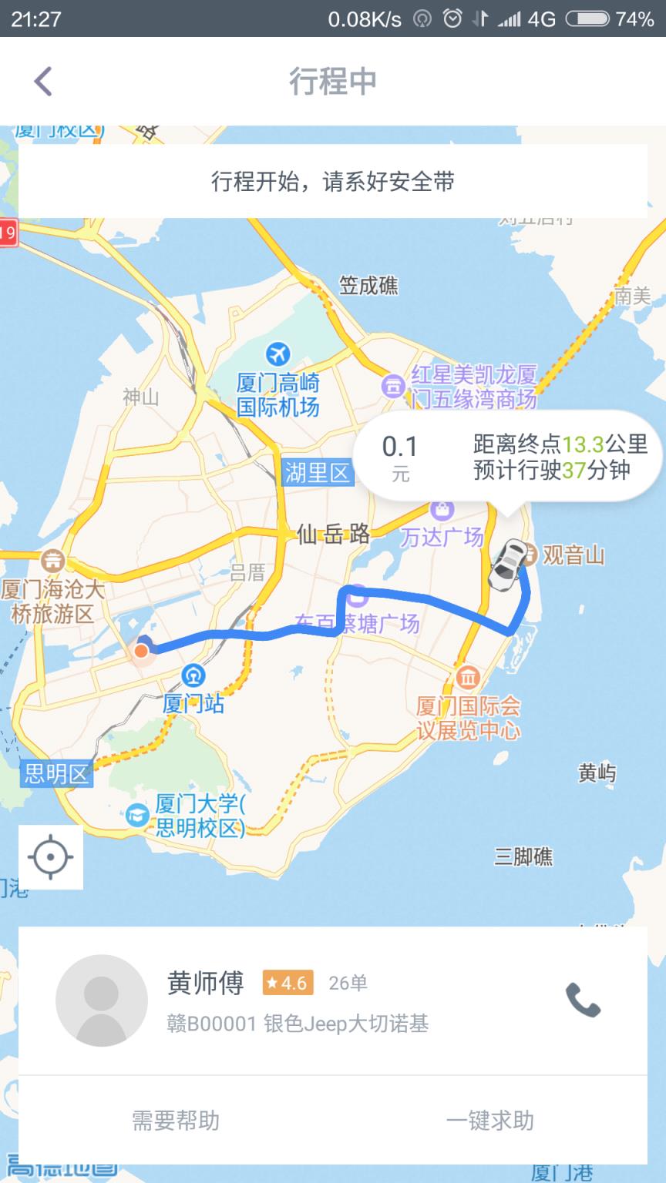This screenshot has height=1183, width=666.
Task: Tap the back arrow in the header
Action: click(x=43, y=81)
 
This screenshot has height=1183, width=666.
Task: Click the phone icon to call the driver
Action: click(x=583, y=1000)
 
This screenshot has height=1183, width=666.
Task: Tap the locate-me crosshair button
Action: click(x=51, y=856)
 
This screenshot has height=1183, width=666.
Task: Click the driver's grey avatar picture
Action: click(x=102, y=1000)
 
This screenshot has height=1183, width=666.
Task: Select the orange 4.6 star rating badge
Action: click(x=288, y=983)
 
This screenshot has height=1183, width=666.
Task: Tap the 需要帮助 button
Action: click(x=176, y=1120)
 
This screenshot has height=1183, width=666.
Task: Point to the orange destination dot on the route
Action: click(x=141, y=651)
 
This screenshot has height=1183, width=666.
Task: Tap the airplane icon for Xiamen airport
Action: click(x=277, y=354)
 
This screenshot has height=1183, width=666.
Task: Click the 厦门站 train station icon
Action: click(x=193, y=676)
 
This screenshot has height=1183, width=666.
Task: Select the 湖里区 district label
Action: click(x=317, y=472)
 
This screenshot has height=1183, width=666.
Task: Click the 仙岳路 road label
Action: click(x=333, y=534)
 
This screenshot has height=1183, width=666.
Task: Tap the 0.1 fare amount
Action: click(x=399, y=447)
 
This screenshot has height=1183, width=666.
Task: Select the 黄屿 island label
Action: click(x=597, y=772)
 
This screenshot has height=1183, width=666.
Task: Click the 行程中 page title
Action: click(x=333, y=81)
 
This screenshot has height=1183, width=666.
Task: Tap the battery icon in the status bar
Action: click(x=587, y=19)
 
